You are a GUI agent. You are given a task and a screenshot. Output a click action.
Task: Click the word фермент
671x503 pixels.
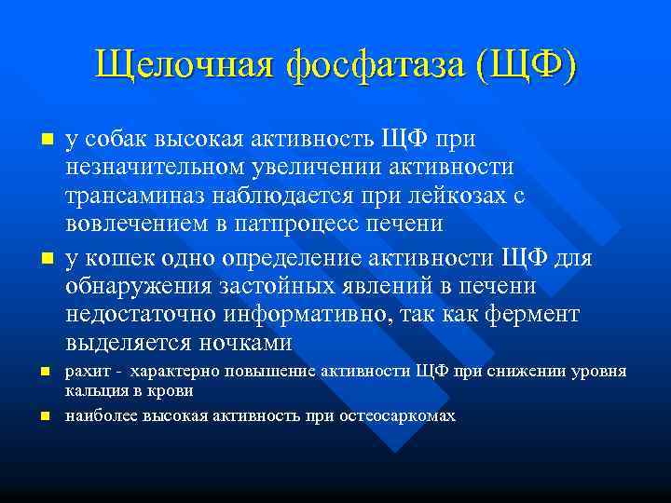tap(535, 314)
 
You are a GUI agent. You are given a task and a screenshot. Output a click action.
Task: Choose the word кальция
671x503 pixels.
tap(91, 392)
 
